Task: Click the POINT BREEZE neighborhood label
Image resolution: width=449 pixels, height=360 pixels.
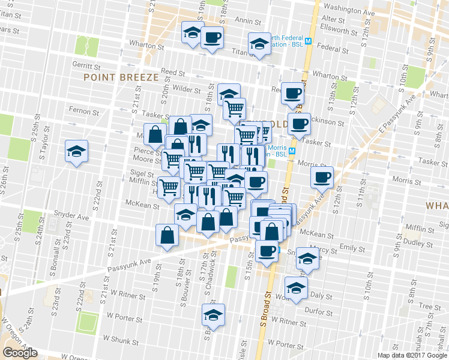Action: [x=121, y=77]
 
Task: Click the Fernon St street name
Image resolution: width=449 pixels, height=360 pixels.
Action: [x=83, y=112]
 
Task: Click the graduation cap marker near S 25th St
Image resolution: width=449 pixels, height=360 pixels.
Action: [x=77, y=151]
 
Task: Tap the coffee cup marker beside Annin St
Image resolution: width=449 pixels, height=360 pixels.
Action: [x=211, y=37]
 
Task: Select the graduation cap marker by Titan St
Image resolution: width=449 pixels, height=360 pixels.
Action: [x=259, y=44]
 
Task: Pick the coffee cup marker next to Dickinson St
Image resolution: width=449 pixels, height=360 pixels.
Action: [x=299, y=124]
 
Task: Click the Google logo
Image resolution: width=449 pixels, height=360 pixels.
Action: [x=20, y=353]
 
